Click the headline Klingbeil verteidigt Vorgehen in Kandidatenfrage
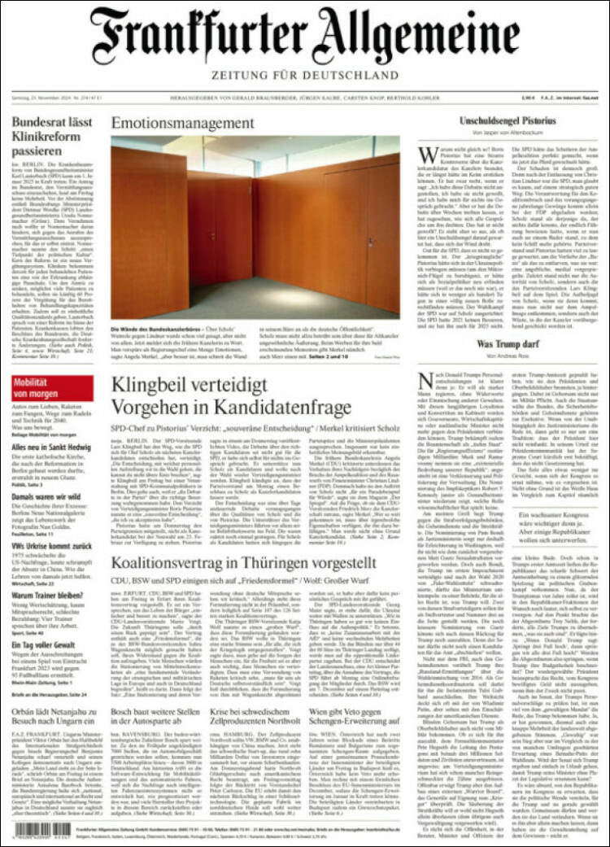(231, 395)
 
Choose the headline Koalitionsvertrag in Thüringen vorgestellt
(243, 563)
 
